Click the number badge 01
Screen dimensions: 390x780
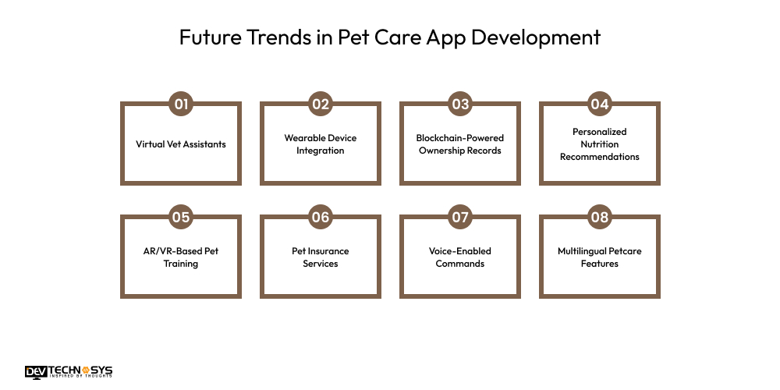coord(181,104)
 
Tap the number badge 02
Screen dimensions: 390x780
coord(321,104)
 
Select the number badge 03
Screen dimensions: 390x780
coord(460,104)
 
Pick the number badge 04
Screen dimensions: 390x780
coord(600,104)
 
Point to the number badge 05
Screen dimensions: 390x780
coord(181,217)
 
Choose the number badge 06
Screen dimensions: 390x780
coord(321,217)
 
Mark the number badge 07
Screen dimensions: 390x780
coord(460,217)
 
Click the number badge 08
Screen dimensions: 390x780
coord(600,217)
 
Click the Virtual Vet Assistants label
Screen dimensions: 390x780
coord(181,144)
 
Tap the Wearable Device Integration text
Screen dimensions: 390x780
coord(321,144)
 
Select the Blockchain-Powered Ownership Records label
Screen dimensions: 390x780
coord(460,144)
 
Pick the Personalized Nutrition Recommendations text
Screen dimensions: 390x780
coord(600,144)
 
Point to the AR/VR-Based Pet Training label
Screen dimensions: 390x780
coord(181,257)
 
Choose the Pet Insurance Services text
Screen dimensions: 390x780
coord(321,257)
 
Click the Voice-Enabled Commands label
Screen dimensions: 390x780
coord(460,257)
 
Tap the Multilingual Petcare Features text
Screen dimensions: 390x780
coord(600,257)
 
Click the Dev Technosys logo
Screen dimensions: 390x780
coord(69,371)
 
